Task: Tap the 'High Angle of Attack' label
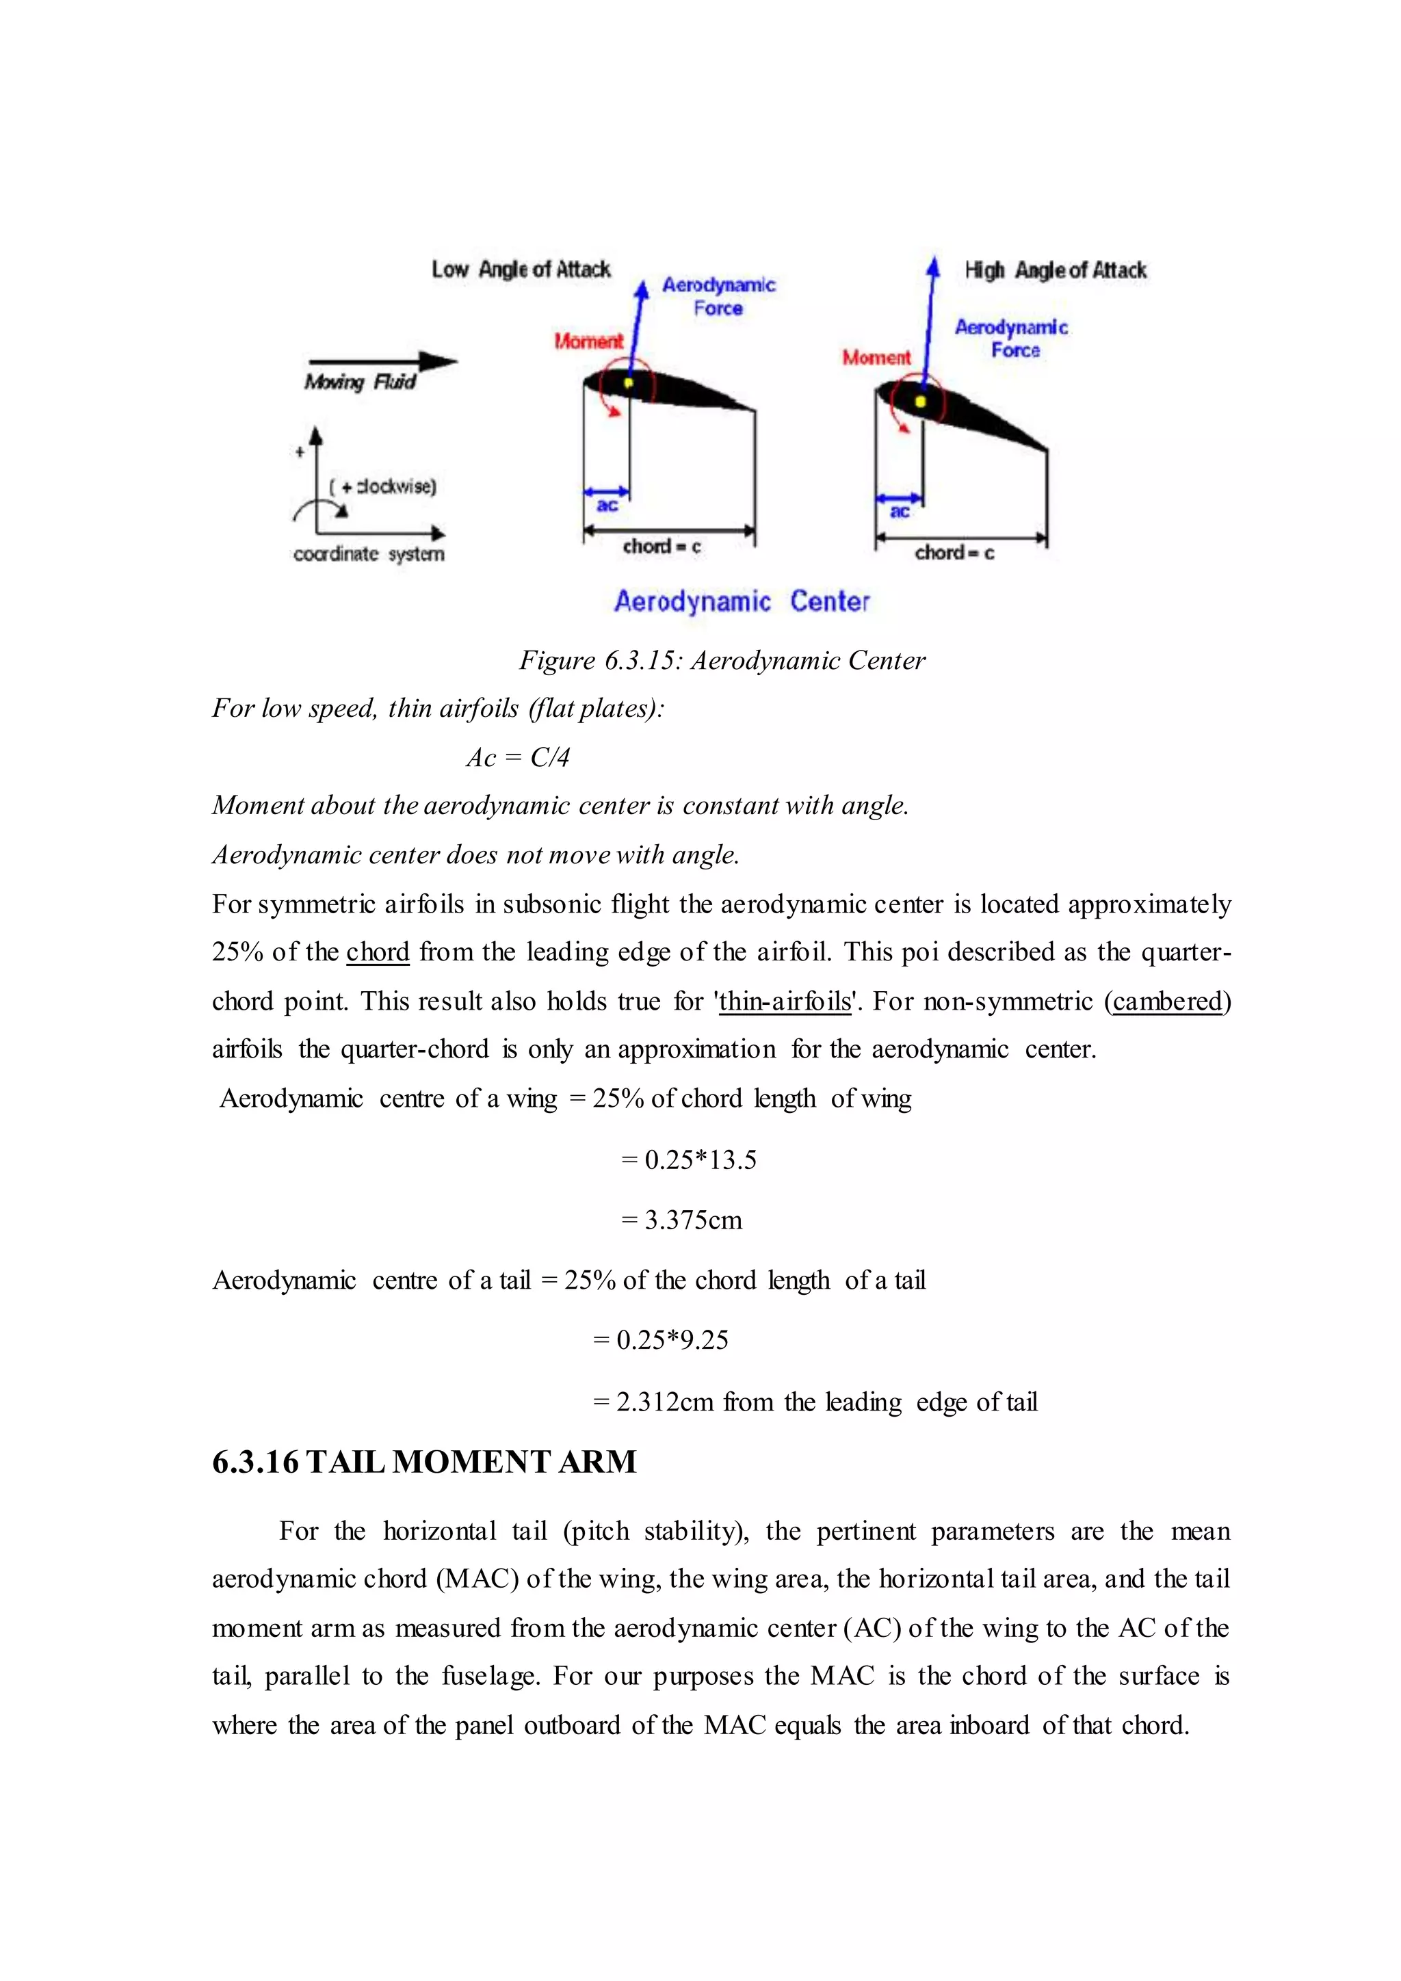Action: coord(1054,271)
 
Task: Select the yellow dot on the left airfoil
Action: coord(629,382)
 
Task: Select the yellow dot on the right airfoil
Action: coord(921,402)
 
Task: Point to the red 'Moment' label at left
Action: coord(588,341)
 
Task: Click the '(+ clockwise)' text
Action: coord(383,486)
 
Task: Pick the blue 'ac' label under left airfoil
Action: coord(607,506)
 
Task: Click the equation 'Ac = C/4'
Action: coord(518,757)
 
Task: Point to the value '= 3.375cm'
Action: coord(681,1220)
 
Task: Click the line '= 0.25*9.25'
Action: coord(661,1340)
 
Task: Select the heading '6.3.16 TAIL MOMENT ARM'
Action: coord(423,1462)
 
